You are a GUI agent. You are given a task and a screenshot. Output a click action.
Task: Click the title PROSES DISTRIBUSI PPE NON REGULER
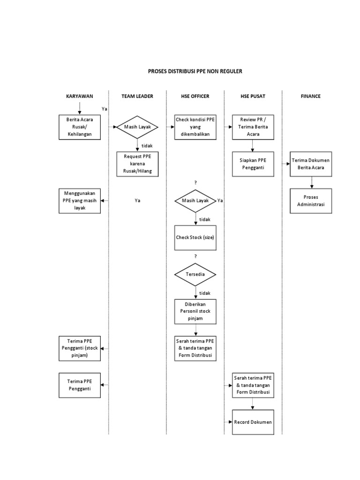(x=196, y=71)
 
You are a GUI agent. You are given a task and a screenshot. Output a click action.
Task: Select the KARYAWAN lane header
(x=79, y=96)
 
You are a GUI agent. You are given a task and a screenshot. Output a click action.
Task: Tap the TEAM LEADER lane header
(x=137, y=96)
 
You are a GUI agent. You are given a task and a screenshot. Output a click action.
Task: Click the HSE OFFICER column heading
(x=195, y=96)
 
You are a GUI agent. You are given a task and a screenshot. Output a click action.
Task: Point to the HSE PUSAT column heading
(x=253, y=96)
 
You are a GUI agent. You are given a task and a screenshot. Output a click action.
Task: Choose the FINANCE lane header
(x=310, y=96)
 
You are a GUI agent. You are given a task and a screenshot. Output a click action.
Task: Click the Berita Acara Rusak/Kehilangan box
(x=79, y=127)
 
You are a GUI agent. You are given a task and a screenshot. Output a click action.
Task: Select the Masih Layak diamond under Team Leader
(x=137, y=127)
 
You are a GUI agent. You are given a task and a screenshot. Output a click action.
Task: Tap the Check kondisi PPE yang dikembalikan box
(x=195, y=127)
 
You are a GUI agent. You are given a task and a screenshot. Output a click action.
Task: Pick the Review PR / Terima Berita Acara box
(x=253, y=127)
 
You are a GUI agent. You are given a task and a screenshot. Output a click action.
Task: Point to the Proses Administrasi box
(x=311, y=201)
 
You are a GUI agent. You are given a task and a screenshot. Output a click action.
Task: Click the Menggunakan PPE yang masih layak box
(x=79, y=201)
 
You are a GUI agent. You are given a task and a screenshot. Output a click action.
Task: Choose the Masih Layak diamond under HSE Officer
(x=195, y=201)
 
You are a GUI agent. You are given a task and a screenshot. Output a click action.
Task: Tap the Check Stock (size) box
(x=195, y=238)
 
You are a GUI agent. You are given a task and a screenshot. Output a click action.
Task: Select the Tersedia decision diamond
(x=195, y=274)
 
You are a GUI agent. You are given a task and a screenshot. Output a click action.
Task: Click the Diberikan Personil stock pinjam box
(x=195, y=311)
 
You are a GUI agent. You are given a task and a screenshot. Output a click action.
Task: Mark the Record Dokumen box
(x=253, y=422)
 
